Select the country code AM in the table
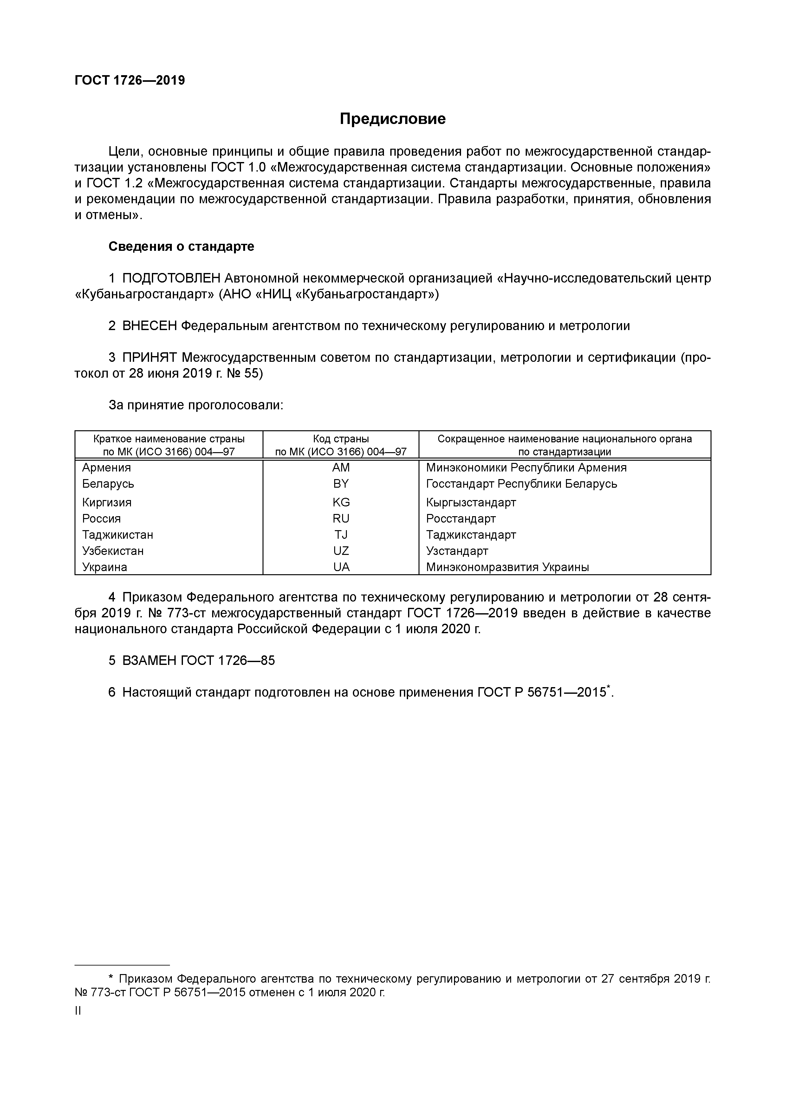[x=341, y=467]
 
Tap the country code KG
[x=341, y=502]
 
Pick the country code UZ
[x=341, y=551]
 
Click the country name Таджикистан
[x=118, y=535]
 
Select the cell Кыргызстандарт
[x=471, y=502]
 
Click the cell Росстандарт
[x=461, y=519]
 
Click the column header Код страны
[x=341, y=439]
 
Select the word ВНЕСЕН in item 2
[x=150, y=326]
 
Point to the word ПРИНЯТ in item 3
[x=150, y=358]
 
